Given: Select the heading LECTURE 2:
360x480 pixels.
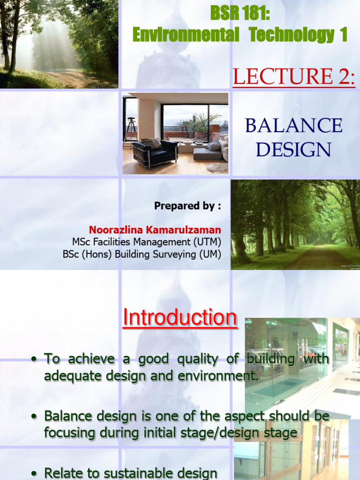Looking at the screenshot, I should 294,76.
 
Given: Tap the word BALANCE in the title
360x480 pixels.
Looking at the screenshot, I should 294,126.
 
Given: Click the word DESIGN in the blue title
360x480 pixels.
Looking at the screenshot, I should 294,150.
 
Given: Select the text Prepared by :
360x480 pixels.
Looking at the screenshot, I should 187,206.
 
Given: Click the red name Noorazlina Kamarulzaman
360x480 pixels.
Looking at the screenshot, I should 155,230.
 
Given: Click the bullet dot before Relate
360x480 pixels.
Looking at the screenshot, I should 34,473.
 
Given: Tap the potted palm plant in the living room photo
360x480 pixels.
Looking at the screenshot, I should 201,124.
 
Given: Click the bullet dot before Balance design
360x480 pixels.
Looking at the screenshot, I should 34,416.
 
